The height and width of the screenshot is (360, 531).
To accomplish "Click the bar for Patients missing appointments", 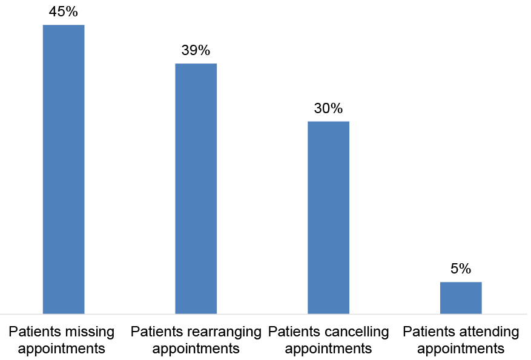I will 64,169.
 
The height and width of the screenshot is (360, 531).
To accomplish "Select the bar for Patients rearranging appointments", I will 196,188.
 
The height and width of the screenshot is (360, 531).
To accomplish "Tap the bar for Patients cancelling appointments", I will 328,217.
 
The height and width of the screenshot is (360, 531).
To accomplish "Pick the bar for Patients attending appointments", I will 461,298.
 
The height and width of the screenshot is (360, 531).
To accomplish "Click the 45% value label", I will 64,12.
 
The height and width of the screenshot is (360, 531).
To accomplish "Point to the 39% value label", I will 196,51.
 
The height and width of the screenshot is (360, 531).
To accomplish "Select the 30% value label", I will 328,109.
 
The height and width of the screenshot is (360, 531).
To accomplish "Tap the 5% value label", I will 461,269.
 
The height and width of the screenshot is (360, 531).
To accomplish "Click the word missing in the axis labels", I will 90,332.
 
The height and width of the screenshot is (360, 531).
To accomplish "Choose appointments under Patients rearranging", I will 196,349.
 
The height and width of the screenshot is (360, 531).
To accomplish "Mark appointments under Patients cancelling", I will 328,349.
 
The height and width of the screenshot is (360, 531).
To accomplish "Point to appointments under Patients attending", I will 461,349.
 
